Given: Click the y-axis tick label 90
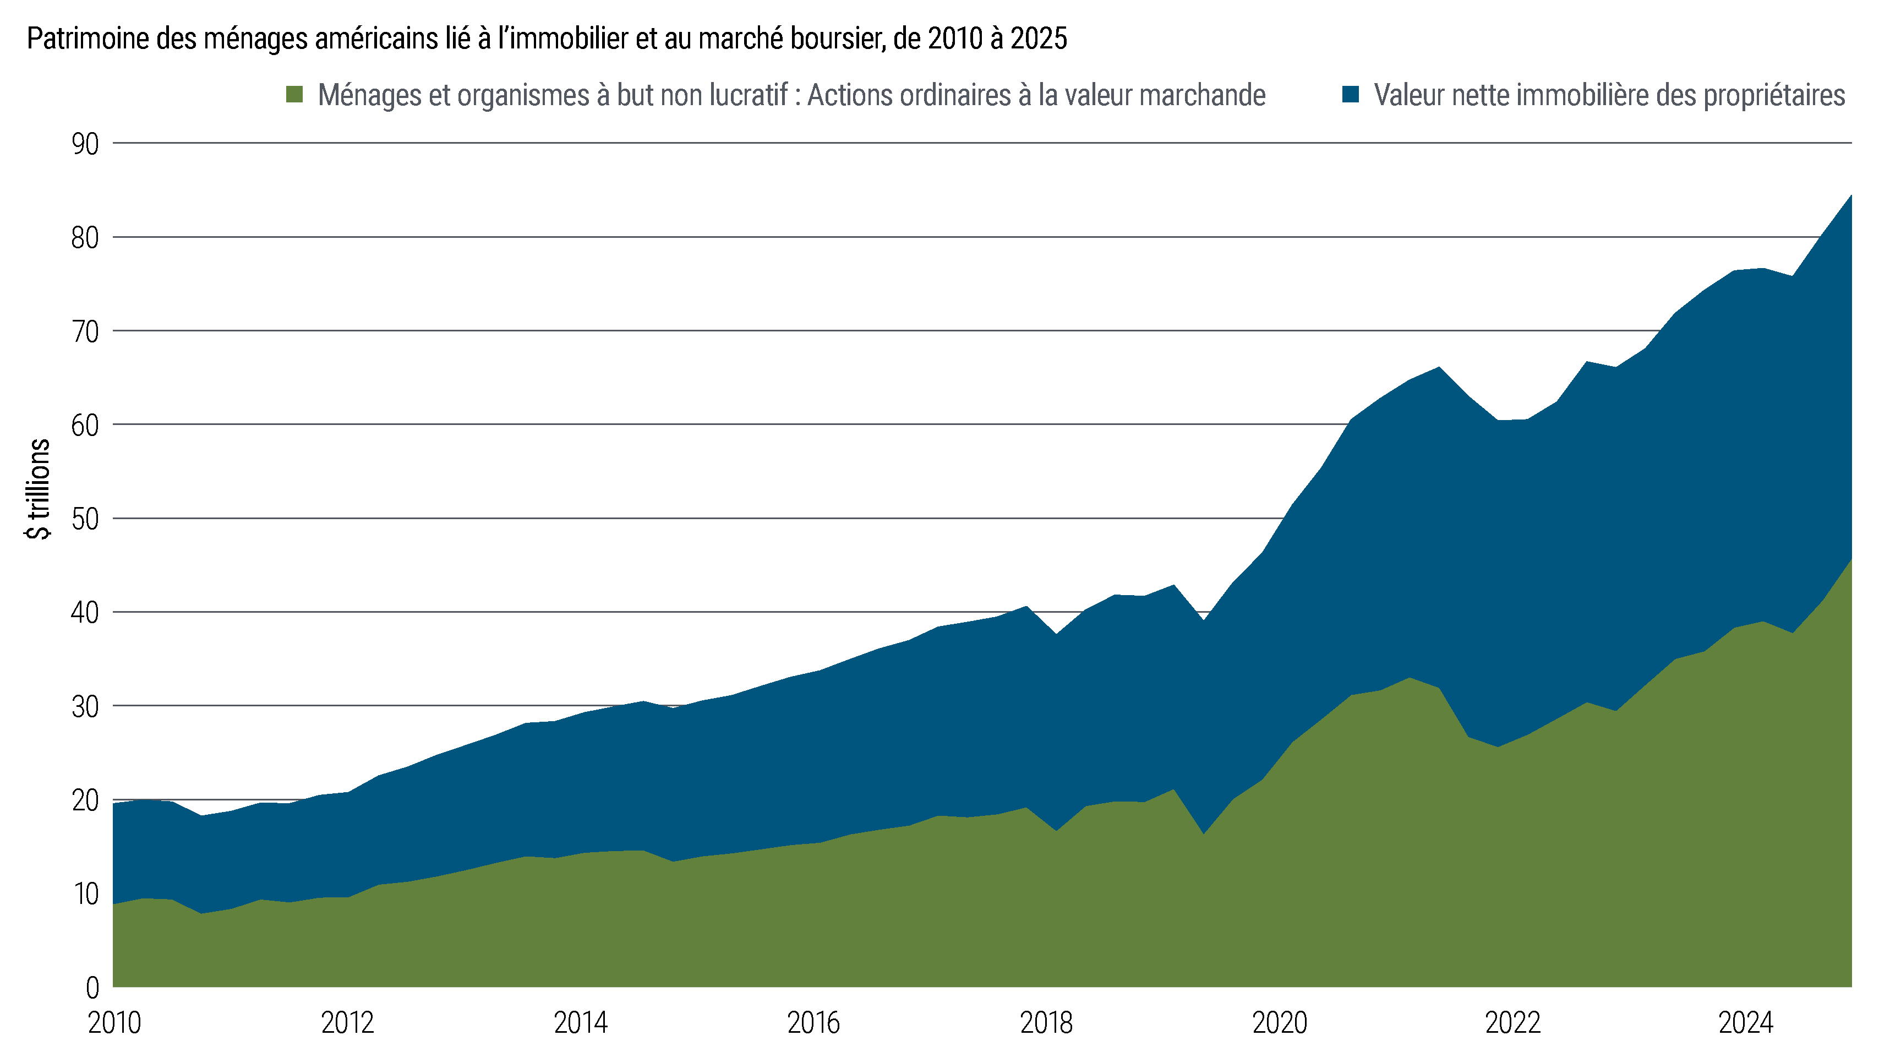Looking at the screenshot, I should coord(85,144).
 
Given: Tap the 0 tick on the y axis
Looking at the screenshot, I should coord(92,988).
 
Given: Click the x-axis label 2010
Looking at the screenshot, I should coord(114,1023).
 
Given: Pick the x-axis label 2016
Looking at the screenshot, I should coord(813,1023).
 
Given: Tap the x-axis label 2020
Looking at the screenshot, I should coord(1280,1023).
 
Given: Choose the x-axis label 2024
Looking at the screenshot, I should coord(1745,1023).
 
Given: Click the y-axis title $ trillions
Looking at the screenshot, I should coord(38,489).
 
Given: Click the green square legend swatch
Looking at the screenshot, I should coord(294,95).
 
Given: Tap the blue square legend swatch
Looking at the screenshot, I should coord(1350,95).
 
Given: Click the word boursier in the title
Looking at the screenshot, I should coord(831,39).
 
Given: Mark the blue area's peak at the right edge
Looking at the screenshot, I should coord(1850,195).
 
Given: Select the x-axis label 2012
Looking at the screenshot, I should coord(347,1023).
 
